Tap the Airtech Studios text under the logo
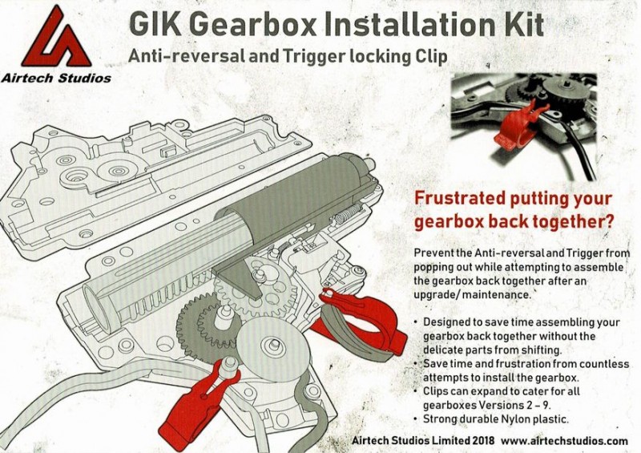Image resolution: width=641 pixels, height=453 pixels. [55, 79]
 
